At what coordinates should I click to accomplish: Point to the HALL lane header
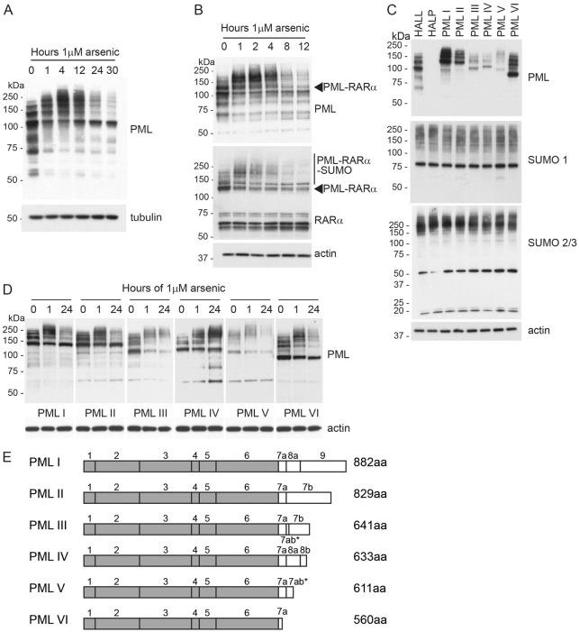pyautogui.click(x=417, y=27)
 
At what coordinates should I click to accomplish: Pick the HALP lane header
pyautogui.click(x=430, y=27)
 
